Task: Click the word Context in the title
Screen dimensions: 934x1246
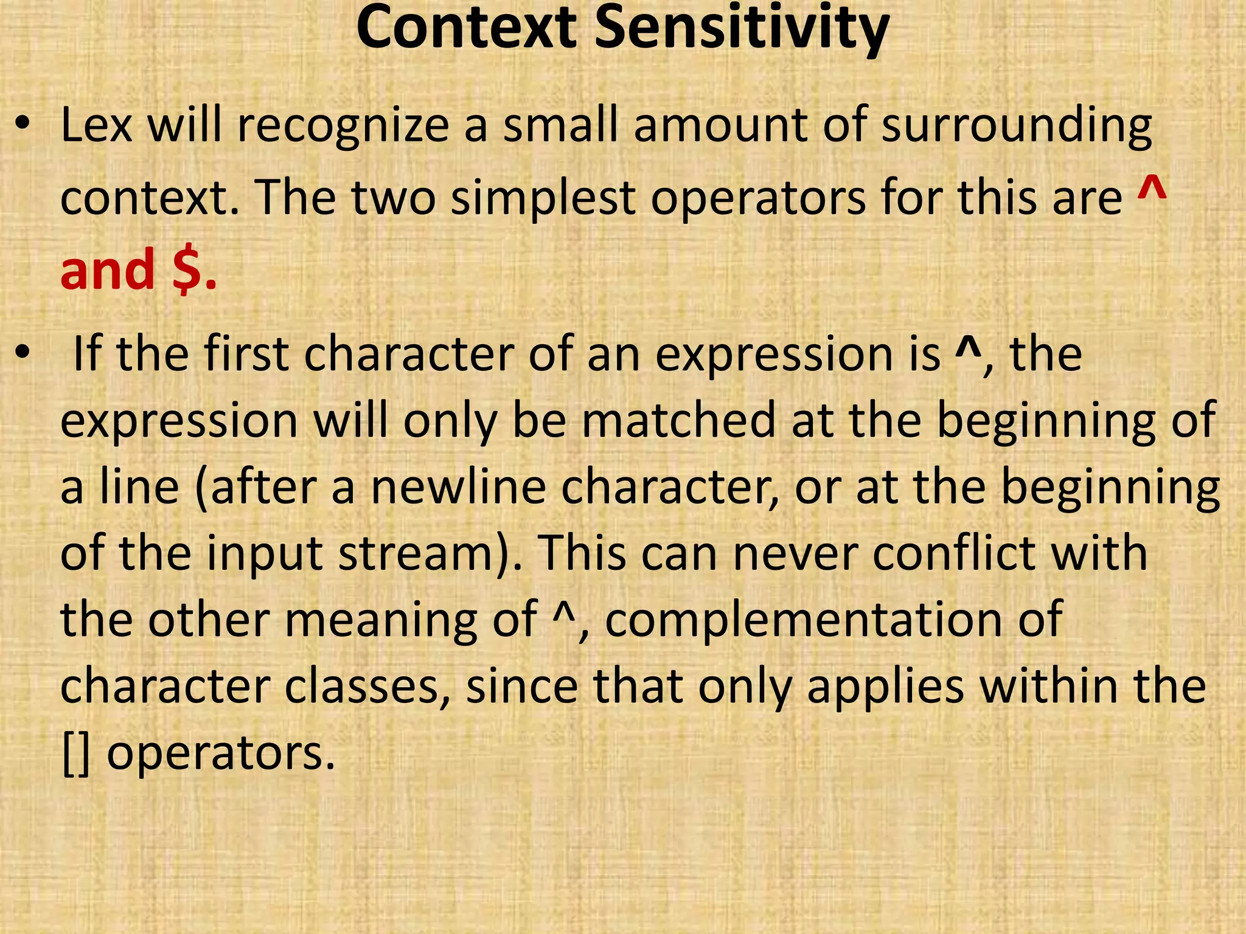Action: tap(465, 29)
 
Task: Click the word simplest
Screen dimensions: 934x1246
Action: tap(543, 199)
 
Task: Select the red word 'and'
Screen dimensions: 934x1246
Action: tap(108, 270)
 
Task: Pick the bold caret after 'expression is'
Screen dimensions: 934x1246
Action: tap(965, 348)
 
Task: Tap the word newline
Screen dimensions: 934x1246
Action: tap(458, 488)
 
